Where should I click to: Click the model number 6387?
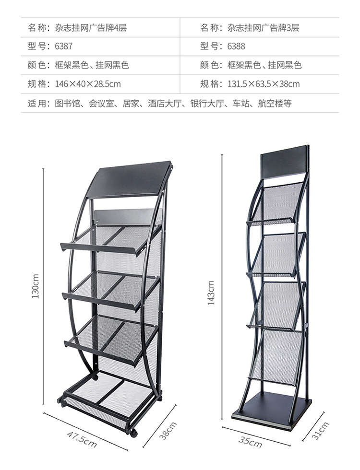[x=63, y=46]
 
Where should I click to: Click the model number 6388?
[x=236, y=46]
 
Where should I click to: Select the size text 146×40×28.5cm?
[x=88, y=84]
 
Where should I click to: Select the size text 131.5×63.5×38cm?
[x=264, y=84]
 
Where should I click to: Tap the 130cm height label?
[x=36, y=286]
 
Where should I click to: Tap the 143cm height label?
[x=211, y=293]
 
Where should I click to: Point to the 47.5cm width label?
[x=82, y=439]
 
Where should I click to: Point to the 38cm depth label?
[x=168, y=431]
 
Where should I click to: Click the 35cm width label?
[x=250, y=442]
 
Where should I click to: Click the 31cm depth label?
[x=320, y=431]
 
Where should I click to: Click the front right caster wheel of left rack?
[x=133, y=433]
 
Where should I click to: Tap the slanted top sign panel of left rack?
[x=129, y=180]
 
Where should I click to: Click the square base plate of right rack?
[x=272, y=411]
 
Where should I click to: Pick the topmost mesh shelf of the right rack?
[x=276, y=204]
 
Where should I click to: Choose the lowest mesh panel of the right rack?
[x=276, y=357]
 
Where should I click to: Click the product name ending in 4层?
[x=91, y=28]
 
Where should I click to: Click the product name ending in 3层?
[x=263, y=28]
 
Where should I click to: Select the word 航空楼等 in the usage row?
[x=275, y=104]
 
